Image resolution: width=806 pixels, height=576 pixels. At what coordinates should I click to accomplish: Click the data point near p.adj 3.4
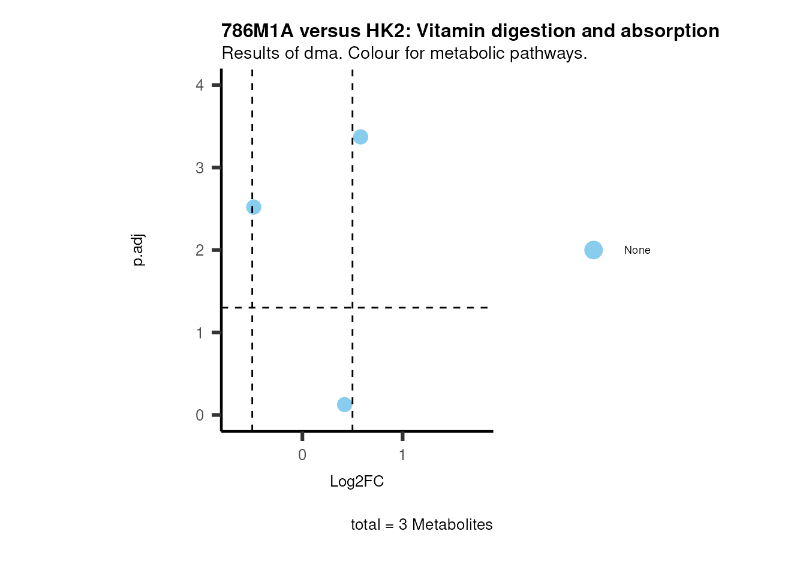click(360, 137)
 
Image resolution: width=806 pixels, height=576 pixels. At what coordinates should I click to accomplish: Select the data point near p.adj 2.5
click(254, 207)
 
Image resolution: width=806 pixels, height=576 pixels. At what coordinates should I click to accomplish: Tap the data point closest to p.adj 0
click(344, 404)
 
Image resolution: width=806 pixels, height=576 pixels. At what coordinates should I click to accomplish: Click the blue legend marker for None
click(593, 250)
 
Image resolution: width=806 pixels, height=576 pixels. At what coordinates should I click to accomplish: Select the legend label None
click(637, 250)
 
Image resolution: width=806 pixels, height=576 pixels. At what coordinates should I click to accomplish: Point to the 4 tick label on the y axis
click(200, 85)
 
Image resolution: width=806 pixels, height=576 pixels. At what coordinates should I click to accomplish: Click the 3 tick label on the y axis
click(200, 168)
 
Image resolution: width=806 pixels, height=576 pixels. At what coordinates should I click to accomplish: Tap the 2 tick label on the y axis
click(200, 250)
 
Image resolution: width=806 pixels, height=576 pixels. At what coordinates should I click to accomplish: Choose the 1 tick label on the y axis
click(200, 333)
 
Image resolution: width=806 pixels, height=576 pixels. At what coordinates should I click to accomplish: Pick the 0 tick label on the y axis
click(200, 415)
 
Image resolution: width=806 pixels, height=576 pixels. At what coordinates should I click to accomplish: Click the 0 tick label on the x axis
click(302, 455)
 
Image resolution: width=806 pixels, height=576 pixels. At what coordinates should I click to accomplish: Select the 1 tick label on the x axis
click(402, 455)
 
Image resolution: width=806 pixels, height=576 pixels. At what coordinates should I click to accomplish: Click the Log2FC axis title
click(357, 481)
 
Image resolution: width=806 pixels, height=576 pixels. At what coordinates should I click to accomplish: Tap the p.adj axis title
click(138, 250)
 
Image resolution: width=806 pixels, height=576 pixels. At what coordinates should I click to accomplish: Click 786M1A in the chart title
click(257, 31)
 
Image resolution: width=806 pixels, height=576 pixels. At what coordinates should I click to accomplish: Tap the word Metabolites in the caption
click(452, 524)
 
